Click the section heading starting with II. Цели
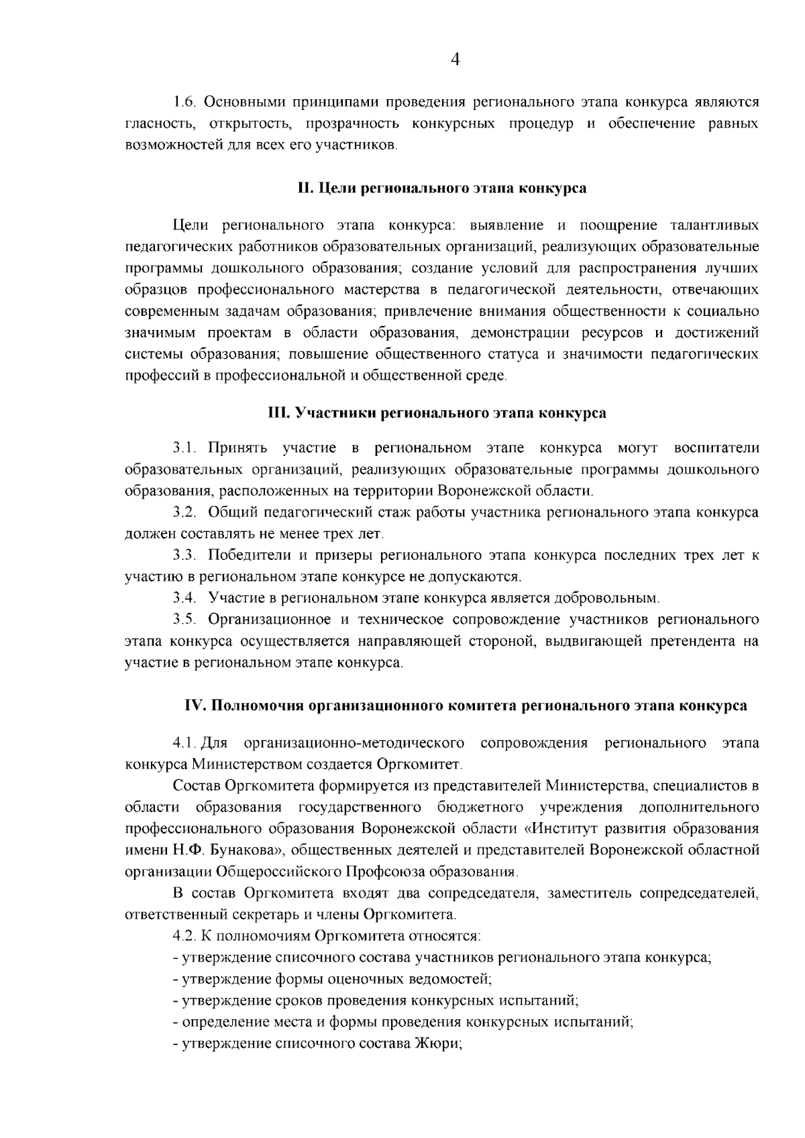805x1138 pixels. pos(442,188)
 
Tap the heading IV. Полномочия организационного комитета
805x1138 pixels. pos(466,706)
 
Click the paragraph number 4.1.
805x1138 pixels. pos(183,743)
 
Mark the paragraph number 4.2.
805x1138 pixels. pos(183,936)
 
